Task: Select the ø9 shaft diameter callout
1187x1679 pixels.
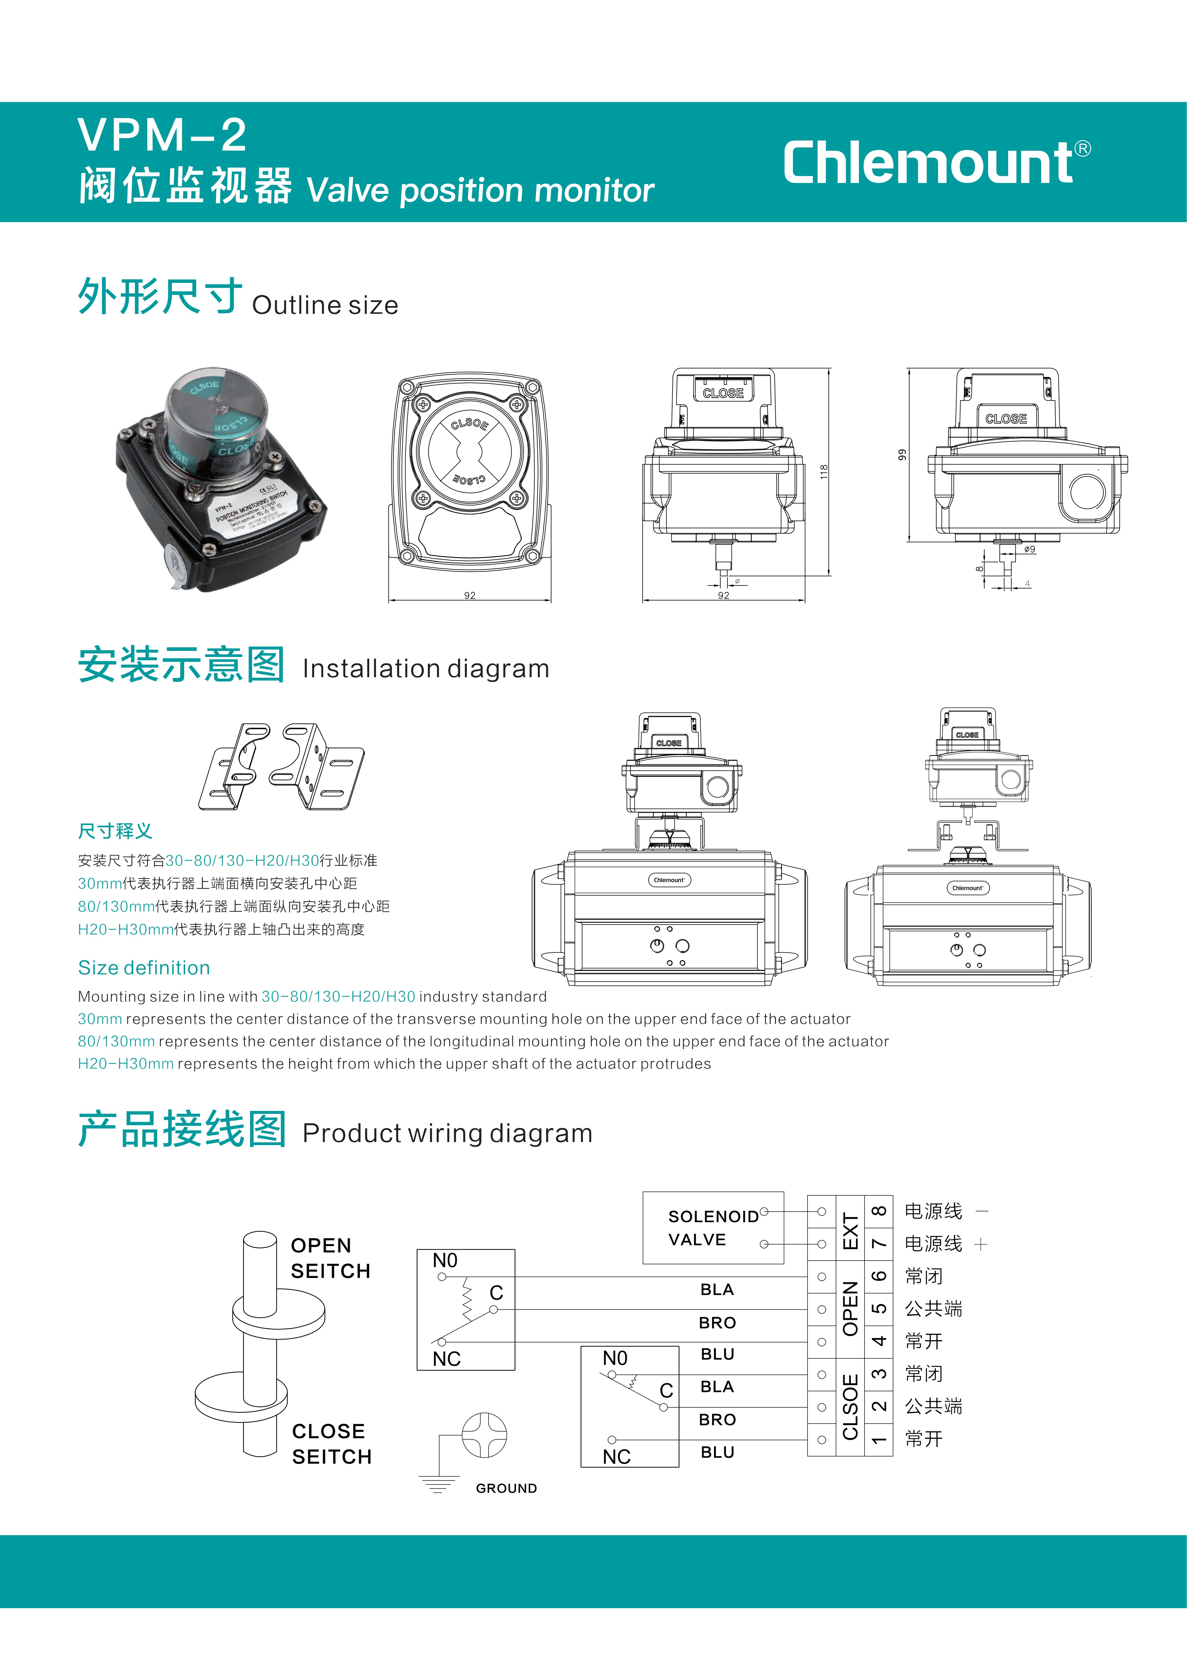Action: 1029,549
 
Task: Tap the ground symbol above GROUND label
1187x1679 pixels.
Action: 483,1435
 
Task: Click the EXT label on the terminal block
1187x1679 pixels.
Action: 850,1228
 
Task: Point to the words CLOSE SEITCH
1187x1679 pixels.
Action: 331,1444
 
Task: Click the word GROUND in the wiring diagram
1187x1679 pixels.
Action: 506,1488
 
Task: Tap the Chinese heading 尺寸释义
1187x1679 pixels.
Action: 115,831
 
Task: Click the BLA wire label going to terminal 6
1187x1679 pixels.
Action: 717,1289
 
